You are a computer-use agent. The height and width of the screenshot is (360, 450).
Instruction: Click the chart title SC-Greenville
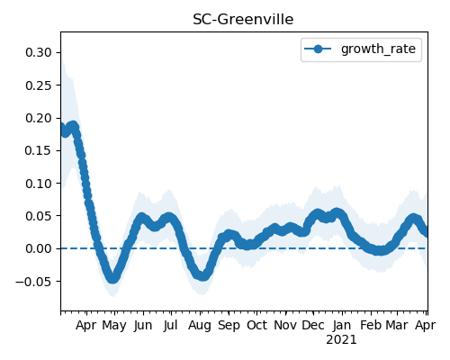[243, 20]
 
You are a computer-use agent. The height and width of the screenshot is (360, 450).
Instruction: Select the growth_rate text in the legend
[378, 49]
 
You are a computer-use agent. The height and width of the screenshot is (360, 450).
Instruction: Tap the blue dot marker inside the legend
[318, 49]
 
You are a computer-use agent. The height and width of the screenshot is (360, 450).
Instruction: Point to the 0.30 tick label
[39, 52]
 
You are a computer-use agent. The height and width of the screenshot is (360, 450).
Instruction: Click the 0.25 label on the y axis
[39, 85]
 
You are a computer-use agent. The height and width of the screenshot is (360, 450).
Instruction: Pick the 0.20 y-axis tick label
[39, 118]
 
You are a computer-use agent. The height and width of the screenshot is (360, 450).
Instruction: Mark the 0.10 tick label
[39, 184]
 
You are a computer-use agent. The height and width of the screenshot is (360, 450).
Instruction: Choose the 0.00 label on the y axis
[39, 248]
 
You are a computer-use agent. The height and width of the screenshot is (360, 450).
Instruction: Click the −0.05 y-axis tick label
[34, 282]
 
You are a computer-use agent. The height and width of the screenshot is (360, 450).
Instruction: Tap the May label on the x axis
[114, 326]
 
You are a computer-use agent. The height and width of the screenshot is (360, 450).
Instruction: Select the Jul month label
[171, 325]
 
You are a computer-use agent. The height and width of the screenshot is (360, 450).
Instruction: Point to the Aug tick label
[200, 326]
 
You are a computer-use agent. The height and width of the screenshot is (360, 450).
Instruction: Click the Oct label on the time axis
[256, 325]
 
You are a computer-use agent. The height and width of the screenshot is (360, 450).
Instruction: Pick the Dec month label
[313, 325]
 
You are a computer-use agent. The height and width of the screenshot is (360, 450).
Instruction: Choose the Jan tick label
[342, 325]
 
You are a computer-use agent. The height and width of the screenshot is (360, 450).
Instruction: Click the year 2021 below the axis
[341, 340]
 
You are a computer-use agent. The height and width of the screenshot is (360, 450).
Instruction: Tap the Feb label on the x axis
[371, 325]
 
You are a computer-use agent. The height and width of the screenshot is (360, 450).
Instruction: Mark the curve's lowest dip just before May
[112, 278]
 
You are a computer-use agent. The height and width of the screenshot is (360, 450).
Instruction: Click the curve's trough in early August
[203, 275]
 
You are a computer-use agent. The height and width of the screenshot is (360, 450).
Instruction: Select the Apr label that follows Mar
[425, 326]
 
